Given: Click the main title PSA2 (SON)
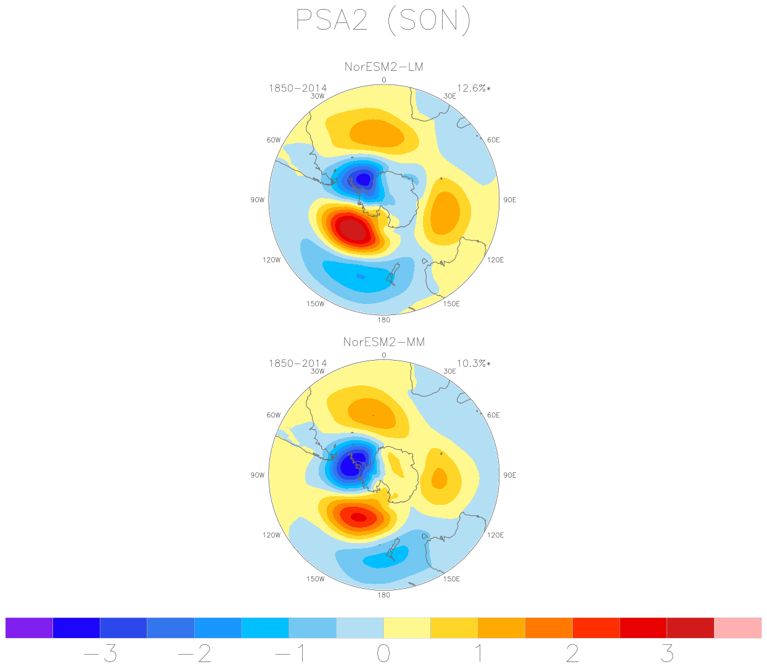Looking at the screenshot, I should coord(383,20).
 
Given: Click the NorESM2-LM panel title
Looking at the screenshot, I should coord(383,67).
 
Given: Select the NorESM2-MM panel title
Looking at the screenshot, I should coord(383,342).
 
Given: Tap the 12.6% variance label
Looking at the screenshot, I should coord(473,88).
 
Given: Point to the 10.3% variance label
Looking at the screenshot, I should coord(473,363).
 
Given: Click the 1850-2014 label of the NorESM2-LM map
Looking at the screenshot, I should coord(297,88).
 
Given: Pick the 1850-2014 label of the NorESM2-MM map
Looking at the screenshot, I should coord(297,363).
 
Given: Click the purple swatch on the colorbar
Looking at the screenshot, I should coord(29,628).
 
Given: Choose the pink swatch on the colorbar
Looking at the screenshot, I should coord(737,628).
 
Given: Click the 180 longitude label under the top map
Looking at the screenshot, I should coord(383,319).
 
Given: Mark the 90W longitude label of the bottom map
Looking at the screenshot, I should coord(257,475).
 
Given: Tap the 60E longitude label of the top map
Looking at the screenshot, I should coord(493,140).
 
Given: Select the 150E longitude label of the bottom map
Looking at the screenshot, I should coord(451,579).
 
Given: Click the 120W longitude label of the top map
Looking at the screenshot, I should coord(271,260).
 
